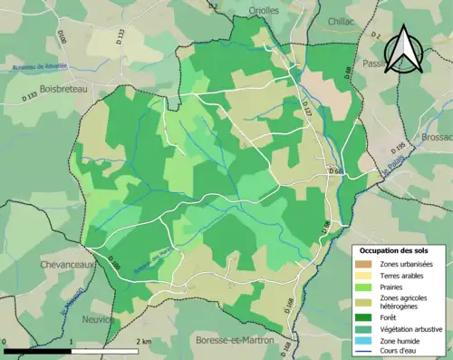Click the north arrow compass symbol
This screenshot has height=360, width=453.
(x=404, y=50)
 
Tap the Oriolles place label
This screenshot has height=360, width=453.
(x=265, y=10)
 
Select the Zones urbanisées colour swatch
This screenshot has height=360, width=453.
(x=367, y=265)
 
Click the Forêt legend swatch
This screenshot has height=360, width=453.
(x=367, y=316)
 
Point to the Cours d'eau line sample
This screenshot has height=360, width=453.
(x=367, y=353)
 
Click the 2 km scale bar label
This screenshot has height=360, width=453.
(x=145, y=341)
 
